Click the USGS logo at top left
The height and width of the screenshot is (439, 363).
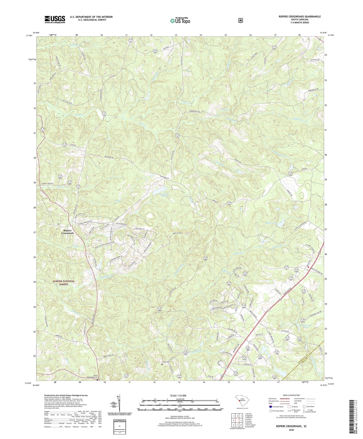[x=55, y=19]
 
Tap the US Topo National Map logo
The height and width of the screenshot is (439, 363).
[x=180, y=20]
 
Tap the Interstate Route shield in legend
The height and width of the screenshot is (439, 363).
[x=270, y=407]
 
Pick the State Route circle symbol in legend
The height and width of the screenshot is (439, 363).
[x=304, y=407]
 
